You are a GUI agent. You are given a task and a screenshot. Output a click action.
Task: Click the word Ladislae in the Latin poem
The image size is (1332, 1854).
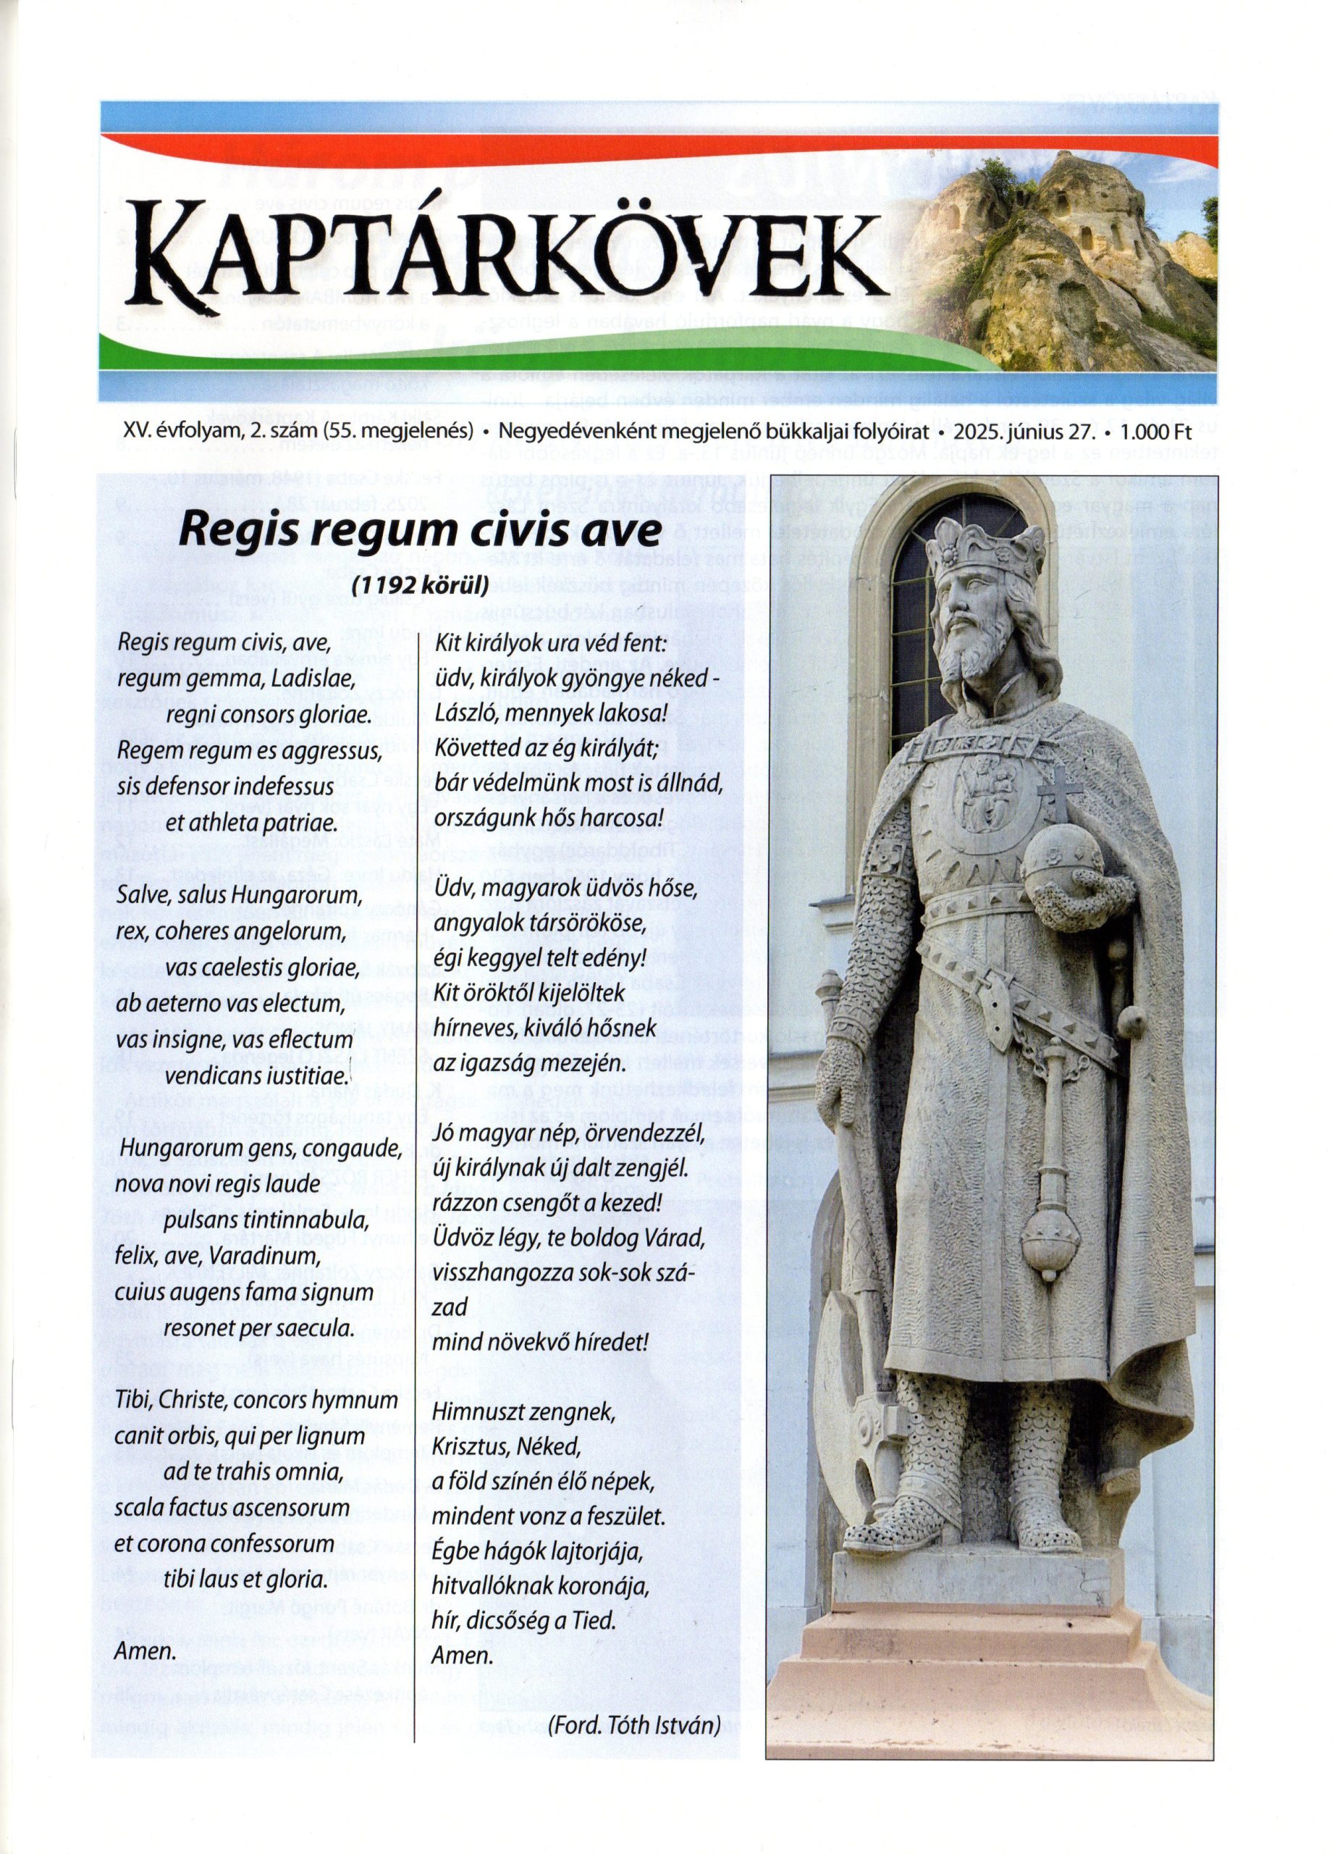click(313, 679)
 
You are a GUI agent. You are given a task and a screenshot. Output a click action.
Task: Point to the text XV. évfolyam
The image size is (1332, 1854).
click(177, 431)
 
